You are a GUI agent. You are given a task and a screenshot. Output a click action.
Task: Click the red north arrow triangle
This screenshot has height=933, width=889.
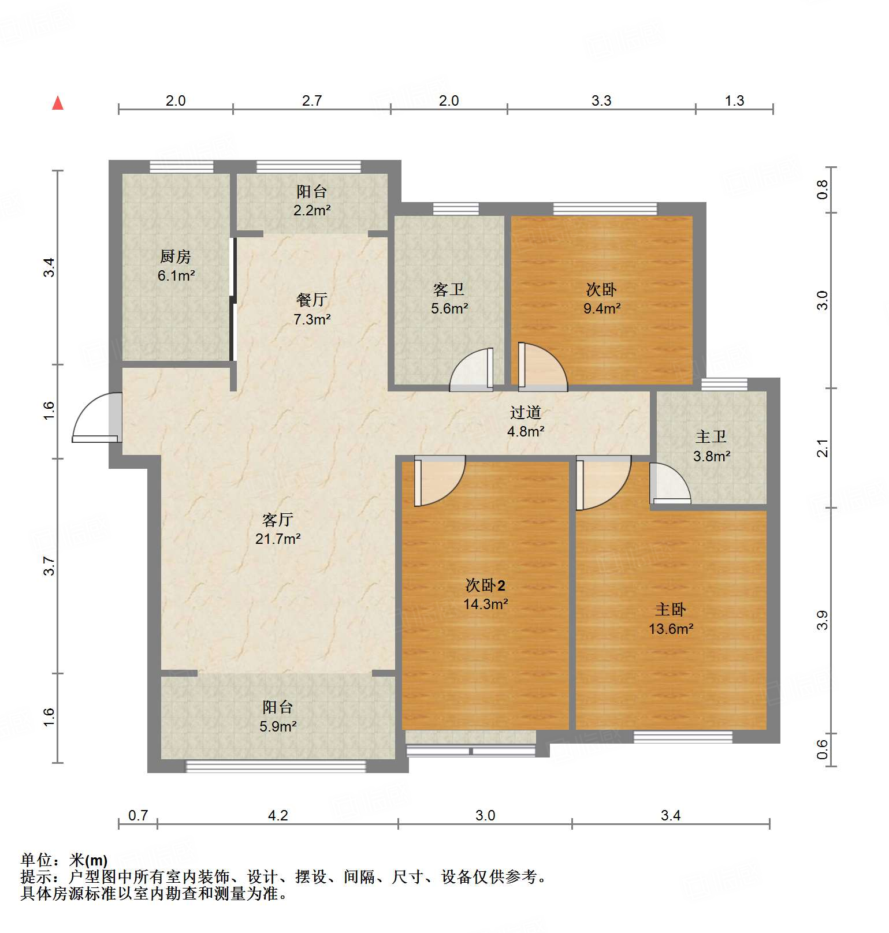click(58, 103)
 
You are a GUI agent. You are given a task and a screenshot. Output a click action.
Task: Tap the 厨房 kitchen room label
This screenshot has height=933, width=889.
click(176, 266)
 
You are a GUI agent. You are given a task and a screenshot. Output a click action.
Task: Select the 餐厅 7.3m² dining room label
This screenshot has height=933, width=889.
click(312, 309)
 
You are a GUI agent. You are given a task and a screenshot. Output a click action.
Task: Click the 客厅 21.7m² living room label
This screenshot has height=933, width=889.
click(278, 529)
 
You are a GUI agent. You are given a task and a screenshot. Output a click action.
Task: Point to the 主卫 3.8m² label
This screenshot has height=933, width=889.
click(712, 446)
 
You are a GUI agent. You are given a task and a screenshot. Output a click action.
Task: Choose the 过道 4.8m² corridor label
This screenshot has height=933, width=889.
click(526, 421)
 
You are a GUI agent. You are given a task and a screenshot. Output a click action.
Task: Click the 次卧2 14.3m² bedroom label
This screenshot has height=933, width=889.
click(485, 595)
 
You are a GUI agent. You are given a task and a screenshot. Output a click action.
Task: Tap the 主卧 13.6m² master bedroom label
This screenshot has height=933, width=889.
click(671, 619)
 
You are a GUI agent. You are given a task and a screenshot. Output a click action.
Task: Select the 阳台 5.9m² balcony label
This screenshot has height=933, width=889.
click(278, 716)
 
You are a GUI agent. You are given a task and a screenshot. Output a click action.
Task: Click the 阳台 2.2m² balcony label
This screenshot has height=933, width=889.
click(312, 200)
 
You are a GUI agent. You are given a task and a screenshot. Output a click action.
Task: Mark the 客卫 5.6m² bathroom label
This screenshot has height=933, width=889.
click(449, 298)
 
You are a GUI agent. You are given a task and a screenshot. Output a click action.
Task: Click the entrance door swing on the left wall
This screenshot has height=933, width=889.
click(95, 419)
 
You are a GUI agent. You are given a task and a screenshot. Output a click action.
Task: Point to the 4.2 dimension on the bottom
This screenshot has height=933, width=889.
click(278, 815)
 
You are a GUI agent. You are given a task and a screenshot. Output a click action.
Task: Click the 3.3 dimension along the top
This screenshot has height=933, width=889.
click(601, 100)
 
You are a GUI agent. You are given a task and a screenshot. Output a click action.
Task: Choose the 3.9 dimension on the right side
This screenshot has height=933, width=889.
click(823, 620)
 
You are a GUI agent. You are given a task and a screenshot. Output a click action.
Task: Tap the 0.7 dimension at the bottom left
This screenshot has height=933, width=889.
click(138, 815)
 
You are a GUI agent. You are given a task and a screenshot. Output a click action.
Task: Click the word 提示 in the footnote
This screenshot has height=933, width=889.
click(36, 877)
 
